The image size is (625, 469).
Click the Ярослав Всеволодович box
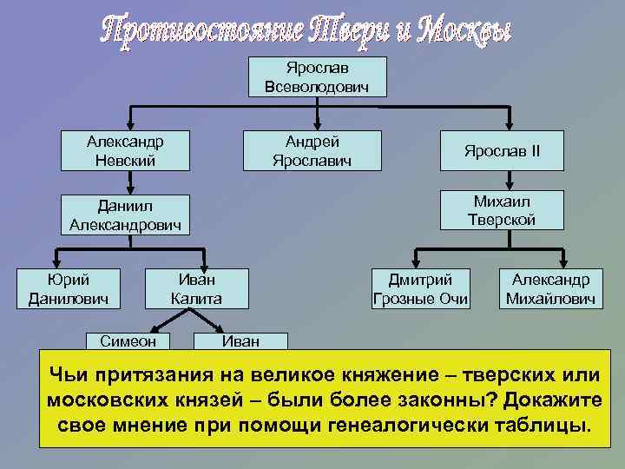tap(317, 76)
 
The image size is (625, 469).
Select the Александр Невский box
tap(127, 150)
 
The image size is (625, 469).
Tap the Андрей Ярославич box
tap(312, 150)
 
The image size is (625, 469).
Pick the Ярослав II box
tap(502, 150)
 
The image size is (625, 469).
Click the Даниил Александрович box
tap(127, 214)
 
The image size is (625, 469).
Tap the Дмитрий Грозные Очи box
tap(420, 289)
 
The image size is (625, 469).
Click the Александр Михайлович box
tap(550, 289)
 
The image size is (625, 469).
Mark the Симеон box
tap(128, 341)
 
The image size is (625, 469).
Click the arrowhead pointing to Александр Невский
tap(129, 124)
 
